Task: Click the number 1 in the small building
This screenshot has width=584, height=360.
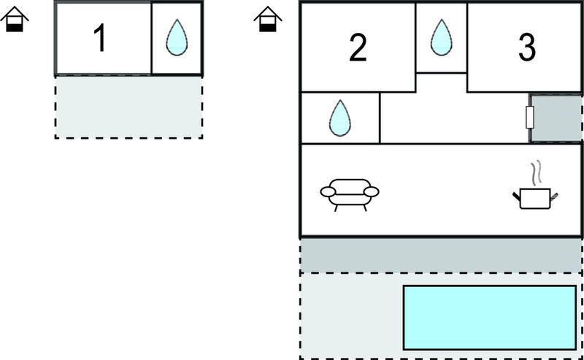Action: click(x=100, y=38)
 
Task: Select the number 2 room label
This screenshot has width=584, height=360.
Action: click(x=358, y=47)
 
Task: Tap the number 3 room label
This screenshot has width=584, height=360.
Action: click(x=527, y=47)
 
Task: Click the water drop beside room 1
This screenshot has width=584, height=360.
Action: click(x=177, y=37)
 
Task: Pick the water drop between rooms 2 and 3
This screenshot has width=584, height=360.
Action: click(x=442, y=37)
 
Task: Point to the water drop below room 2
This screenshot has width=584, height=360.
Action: click(x=339, y=118)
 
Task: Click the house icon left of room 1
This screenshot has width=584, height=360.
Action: click(x=15, y=19)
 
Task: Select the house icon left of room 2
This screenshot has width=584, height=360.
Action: click(x=268, y=19)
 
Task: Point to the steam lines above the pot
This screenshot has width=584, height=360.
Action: click(x=536, y=173)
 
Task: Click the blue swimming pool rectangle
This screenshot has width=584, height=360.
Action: click(x=490, y=318)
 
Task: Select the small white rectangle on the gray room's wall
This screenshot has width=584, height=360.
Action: click(x=530, y=117)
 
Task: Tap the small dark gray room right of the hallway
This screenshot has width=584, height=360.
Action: click(x=556, y=118)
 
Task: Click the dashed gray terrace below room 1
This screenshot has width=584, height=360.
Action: click(x=129, y=107)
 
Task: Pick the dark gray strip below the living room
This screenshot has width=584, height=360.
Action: click(x=441, y=256)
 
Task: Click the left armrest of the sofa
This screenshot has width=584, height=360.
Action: click(x=328, y=191)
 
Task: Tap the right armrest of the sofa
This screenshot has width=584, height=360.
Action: click(x=371, y=191)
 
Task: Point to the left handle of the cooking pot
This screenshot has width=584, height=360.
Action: click(x=517, y=196)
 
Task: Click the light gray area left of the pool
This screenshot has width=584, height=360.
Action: click(x=351, y=316)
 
